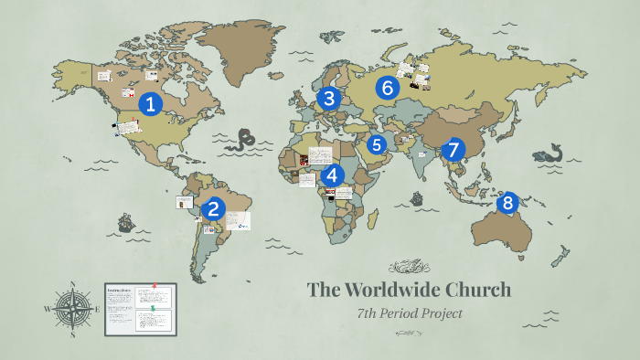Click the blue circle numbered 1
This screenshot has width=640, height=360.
pos(150,104)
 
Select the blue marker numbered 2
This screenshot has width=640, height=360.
pos(214,208)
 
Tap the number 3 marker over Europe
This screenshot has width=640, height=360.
pos(328,98)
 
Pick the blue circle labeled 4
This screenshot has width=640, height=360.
pos(331,175)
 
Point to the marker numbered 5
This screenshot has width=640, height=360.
pos(377,144)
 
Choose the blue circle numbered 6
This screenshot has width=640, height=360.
pos(388,88)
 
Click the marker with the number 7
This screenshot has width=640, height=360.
pos(452,150)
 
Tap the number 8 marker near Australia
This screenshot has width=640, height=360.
pos(507,203)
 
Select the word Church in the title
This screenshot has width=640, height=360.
pos(478,291)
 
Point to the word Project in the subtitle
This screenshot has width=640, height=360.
pos(444,314)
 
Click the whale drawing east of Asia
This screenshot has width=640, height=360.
pos(552,154)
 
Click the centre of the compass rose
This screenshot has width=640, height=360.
pos(70,309)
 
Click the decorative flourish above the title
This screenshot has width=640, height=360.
pos(409,267)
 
